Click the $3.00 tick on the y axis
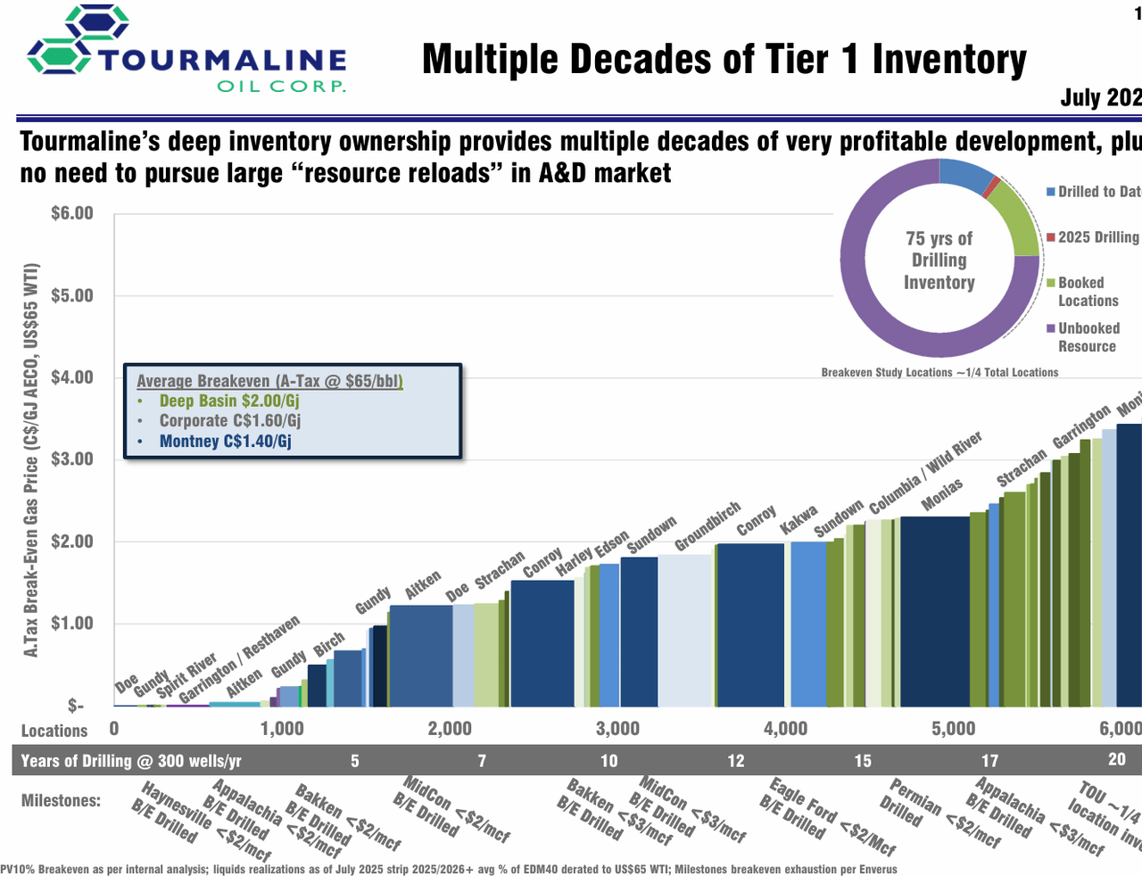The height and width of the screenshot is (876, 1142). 71,459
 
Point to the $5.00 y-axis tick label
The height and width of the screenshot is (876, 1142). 71,295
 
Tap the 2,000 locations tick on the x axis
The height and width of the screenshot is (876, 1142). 450,729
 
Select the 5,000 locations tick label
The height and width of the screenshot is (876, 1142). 953,729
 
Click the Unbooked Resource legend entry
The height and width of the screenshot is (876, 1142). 1087,337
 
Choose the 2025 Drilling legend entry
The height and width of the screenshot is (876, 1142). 1097,237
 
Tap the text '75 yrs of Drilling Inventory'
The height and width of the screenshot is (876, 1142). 939,260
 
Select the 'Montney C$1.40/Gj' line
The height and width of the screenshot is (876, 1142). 225,442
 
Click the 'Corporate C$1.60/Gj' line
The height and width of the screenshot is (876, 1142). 229,421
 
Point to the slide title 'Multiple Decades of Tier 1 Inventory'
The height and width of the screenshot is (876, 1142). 724,60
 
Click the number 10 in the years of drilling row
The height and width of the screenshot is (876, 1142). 608,761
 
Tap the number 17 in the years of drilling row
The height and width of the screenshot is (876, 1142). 989,761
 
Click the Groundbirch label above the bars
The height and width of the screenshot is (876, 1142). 708,526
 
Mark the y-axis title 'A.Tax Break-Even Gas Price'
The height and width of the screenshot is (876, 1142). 31,460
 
